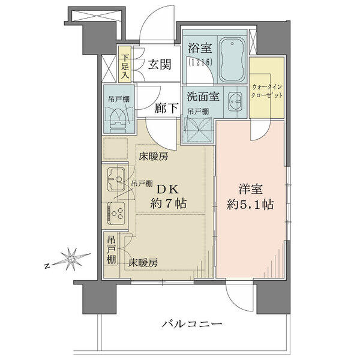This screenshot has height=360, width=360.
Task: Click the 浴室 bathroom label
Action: click(200, 48)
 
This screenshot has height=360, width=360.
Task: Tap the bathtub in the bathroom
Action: click(232, 59)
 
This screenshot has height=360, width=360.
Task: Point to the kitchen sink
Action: click(116, 179)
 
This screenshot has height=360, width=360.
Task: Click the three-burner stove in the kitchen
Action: click(116, 212)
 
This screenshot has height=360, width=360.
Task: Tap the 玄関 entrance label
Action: click(160, 65)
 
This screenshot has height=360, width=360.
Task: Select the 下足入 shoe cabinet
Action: click(125, 65)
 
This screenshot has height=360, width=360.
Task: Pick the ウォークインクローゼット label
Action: click(266, 91)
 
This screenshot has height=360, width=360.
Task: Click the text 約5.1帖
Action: click(250, 205)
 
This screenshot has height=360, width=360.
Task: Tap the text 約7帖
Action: click(168, 203)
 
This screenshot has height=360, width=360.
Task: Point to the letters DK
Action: click(167, 190)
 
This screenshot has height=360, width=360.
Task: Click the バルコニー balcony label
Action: click(193, 324)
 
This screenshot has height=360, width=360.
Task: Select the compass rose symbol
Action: click(71, 259)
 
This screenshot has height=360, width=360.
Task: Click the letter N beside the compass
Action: click(47, 266)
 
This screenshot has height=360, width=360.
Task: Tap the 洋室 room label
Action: click(250, 190)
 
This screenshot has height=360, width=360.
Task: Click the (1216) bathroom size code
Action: click(200, 62)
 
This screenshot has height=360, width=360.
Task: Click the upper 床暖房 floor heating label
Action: click(153, 157)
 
